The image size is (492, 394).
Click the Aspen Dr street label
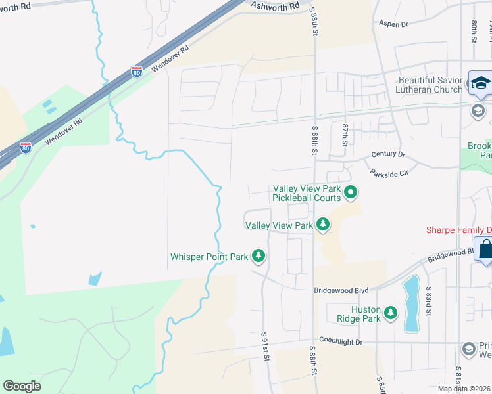click(393, 24)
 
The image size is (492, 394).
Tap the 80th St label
click(474, 31)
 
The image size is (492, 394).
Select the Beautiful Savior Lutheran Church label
click(430, 85)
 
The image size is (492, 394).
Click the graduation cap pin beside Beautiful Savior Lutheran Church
click(480, 83)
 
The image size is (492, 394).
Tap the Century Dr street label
click(387, 154)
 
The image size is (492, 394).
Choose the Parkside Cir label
click(389, 173)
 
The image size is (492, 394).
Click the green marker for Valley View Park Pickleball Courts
click(351, 192)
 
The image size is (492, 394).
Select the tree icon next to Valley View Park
click(322, 225)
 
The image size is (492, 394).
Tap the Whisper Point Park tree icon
click(259, 256)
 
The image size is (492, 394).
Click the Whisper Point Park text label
click(209, 257)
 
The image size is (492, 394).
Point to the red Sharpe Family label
click(458, 230)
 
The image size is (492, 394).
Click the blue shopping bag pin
click(485, 250)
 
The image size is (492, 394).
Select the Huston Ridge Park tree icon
click(391, 313)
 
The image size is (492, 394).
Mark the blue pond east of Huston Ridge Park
click(410, 303)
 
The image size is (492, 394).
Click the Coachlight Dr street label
click(341, 342)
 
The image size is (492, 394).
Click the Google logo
click(22, 386)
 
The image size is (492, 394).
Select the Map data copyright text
click(464, 389)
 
